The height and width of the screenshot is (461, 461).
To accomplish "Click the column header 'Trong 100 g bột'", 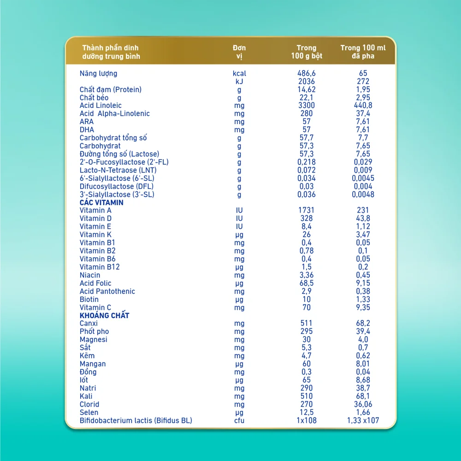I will (x=307, y=52).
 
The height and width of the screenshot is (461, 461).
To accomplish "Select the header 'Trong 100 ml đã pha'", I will (x=363, y=52).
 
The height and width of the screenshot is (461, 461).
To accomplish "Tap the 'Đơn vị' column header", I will (x=239, y=52).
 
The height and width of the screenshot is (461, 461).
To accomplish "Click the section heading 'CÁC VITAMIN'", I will (x=101, y=202).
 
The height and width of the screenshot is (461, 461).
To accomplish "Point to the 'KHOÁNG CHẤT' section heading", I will (x=104, y=315).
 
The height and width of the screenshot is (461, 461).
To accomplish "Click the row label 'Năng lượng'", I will (x=98, y=73).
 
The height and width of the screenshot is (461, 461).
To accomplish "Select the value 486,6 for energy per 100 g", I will (x=307, y=73).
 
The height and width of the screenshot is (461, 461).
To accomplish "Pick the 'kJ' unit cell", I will (x=239, y=81).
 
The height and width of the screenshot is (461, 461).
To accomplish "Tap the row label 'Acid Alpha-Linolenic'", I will (x=114, y=113).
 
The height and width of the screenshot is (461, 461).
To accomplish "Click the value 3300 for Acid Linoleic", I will (x=307, y=106).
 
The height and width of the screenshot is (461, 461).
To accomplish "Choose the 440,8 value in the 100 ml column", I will (x=363, y=106).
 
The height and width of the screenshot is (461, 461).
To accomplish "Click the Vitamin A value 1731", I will (x=307, y=210).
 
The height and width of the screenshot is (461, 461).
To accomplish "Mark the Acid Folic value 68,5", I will (x=307, y=283).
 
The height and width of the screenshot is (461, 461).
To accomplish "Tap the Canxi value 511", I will (x=307, y=323).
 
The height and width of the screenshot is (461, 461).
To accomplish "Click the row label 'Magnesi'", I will (x=93, y=339).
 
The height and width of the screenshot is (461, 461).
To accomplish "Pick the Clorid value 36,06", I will (x=363, y=404).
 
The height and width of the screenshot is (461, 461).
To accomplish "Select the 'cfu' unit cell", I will (x=239, y=420).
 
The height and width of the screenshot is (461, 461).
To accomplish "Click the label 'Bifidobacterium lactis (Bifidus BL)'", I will (x=136, y=420).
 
